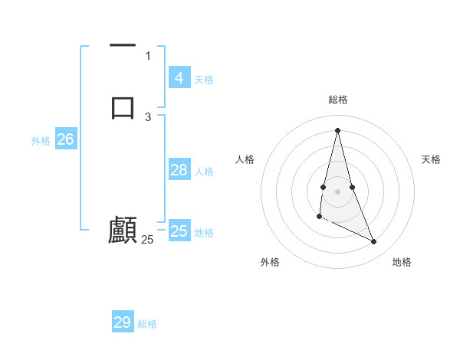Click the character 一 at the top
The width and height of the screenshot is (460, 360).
pos(123,47)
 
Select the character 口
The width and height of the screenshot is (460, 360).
pos(123,106)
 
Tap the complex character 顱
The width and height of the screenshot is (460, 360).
pos(123,230)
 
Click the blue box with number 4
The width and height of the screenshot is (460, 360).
pos(179,78)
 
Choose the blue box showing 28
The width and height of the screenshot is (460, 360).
pos(179,170)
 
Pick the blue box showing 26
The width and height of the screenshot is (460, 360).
pos(65,139)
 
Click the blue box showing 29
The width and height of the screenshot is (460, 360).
pos(123,322)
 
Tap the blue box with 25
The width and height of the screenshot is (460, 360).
pos(179,231)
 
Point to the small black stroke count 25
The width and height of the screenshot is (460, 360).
pos(147,240)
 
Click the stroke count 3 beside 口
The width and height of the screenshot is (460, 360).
pos(148,116)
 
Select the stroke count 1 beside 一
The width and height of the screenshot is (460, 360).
pos(148,55)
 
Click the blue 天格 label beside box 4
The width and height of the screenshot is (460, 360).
pos(204,80)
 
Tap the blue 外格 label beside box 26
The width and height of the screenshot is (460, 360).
pos(41,141)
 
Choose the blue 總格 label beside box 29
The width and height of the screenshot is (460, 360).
pos(147,324)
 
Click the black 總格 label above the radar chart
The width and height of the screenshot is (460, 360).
pos(337,100)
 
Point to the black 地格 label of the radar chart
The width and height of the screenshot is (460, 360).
pos(402,262)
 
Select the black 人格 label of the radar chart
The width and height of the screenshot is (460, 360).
pos(245,159)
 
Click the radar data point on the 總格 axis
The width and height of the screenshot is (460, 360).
pos(337,129)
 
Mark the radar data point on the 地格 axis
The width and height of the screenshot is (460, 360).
pos(374,242)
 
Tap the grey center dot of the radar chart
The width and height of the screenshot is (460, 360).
pos(337,191)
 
